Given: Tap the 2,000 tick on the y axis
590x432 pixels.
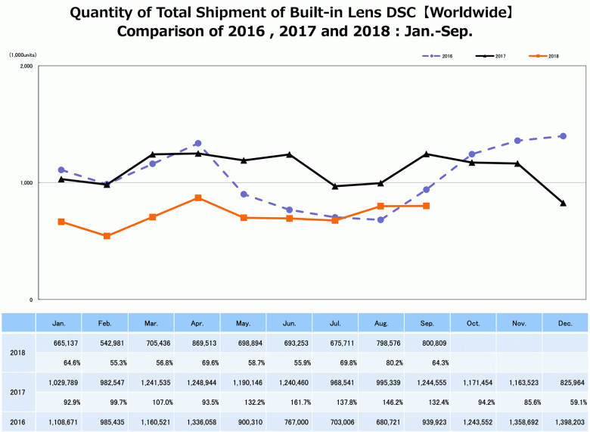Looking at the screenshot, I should [x=26, y=67].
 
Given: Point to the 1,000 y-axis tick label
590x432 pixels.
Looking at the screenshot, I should [x=26, y=183].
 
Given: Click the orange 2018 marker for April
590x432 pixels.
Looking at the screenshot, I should [x=198, y=197].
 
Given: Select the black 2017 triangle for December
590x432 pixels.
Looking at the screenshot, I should [x=563, y=203].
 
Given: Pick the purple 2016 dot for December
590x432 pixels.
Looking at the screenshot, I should [x=563, y=136].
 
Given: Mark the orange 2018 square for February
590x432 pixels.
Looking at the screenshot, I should [x=107, y=236].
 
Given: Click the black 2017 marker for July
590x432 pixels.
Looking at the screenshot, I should [x=335, y=186].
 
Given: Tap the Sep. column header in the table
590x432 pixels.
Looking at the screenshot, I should [x=427, y=323].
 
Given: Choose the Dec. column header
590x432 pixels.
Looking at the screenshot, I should [x=564, y=323].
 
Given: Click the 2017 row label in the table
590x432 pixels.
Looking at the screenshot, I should [x=18, y=393].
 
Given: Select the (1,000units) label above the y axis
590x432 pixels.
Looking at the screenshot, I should [x=23, y=55].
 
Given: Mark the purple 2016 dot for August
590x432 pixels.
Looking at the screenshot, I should [x=380, y=219].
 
